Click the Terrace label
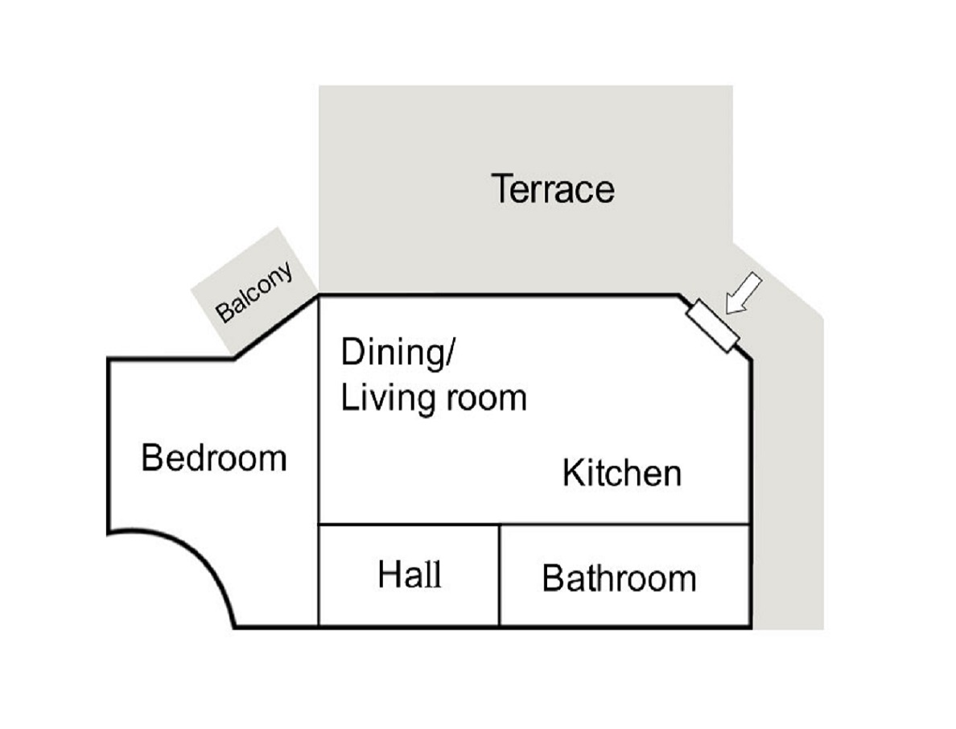click(552, 188)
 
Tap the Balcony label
click(254, 292)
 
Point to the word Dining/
click(398, 352)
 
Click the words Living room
click(434, 397)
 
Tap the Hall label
click(410, 575)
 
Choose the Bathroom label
click(619, 578)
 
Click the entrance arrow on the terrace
click(744, 293)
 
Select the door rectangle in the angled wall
click(713, 326)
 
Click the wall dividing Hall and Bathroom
click(500, 575)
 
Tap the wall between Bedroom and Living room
click(319, 460)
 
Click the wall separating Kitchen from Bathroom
click(624, 524)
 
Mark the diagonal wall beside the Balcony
click(276, 327)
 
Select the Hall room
click(409, 575)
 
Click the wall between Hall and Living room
click(409, 524)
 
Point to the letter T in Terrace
click(501, 188)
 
